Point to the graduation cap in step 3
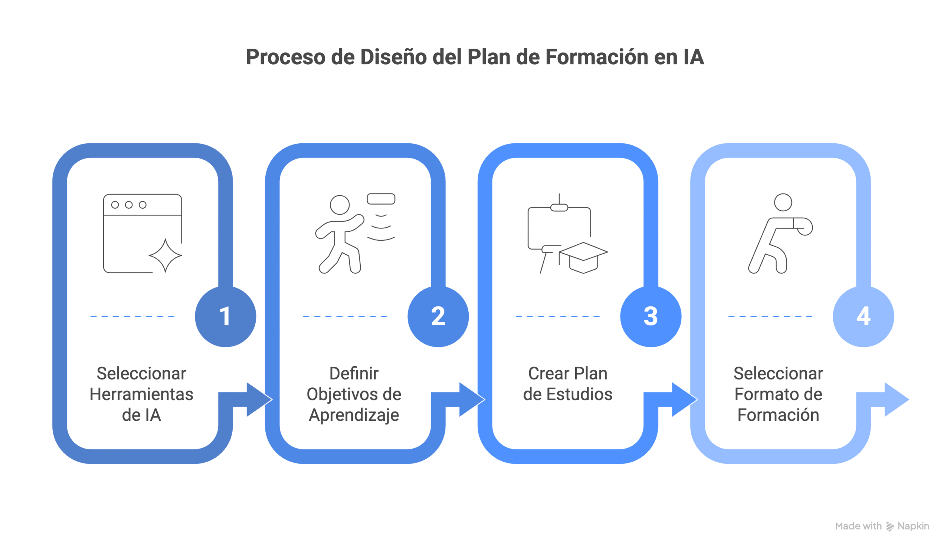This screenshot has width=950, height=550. point(583,257)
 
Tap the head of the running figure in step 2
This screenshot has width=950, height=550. point(340,205)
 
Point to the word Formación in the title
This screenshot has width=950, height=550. point(596,57)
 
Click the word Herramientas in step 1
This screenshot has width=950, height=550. point(141,394)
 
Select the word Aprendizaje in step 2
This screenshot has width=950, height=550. point(354,415)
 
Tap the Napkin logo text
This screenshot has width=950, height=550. point(913,526)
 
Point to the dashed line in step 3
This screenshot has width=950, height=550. point(557,316)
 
